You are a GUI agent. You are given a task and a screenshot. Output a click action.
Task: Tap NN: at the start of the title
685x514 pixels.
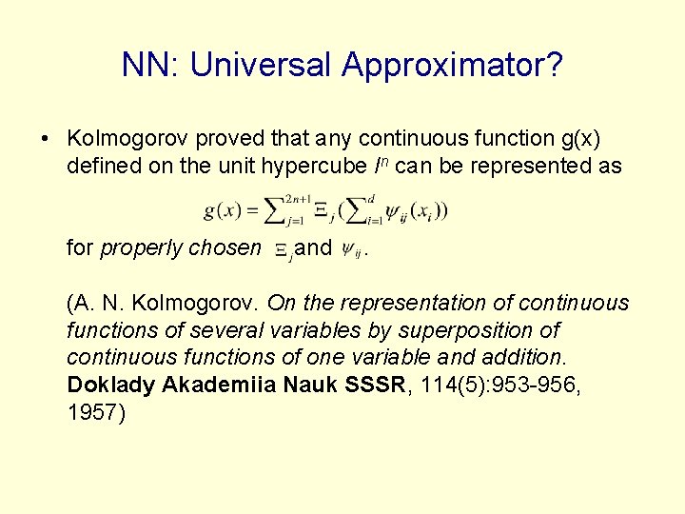coord(151,65)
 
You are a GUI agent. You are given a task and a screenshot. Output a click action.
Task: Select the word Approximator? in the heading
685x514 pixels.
coord(453,65)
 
